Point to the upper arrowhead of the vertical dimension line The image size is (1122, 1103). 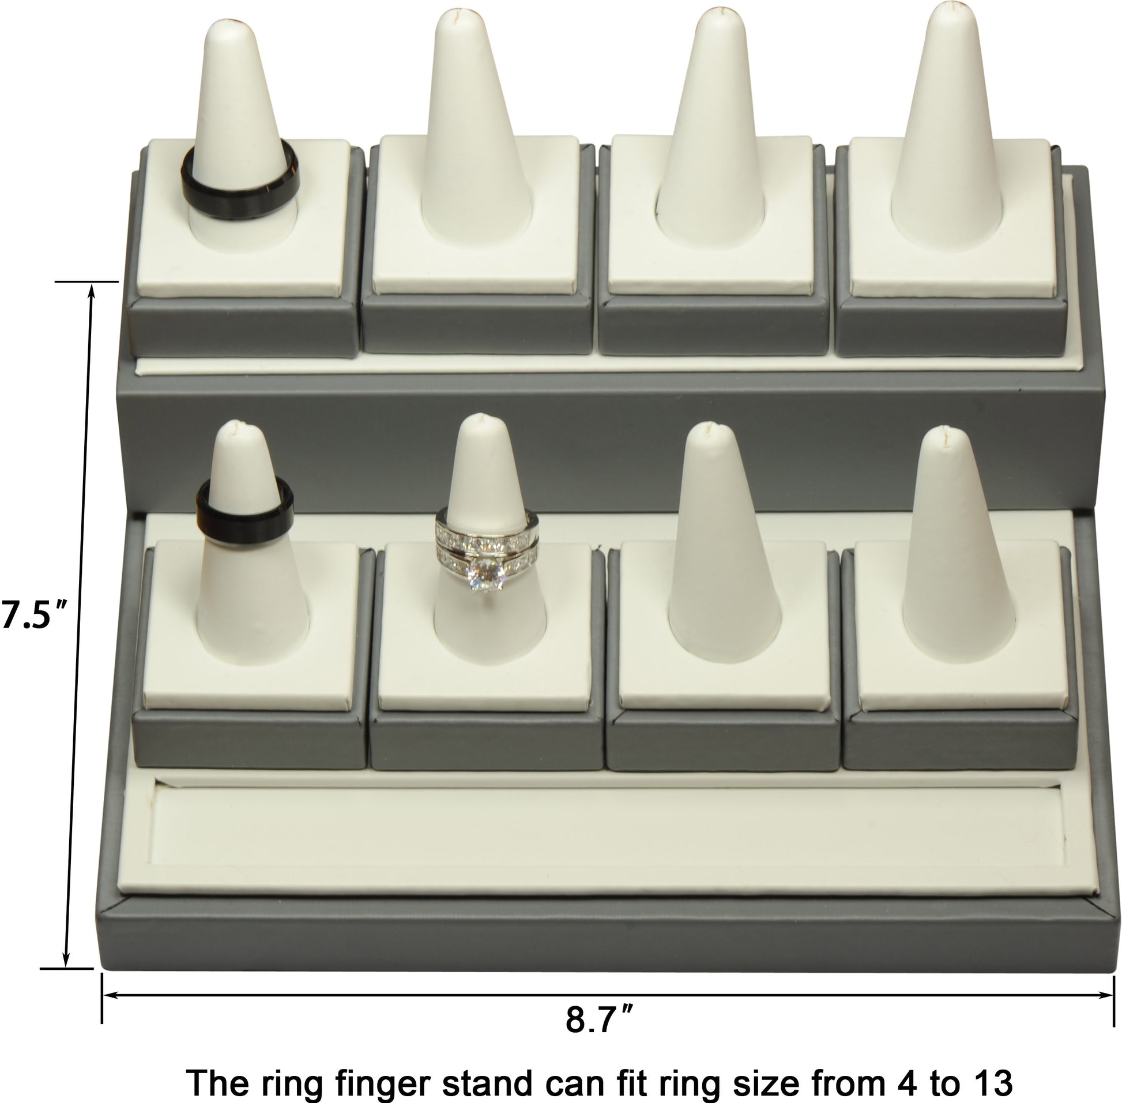pyautogui.click(x=91, y=290)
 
